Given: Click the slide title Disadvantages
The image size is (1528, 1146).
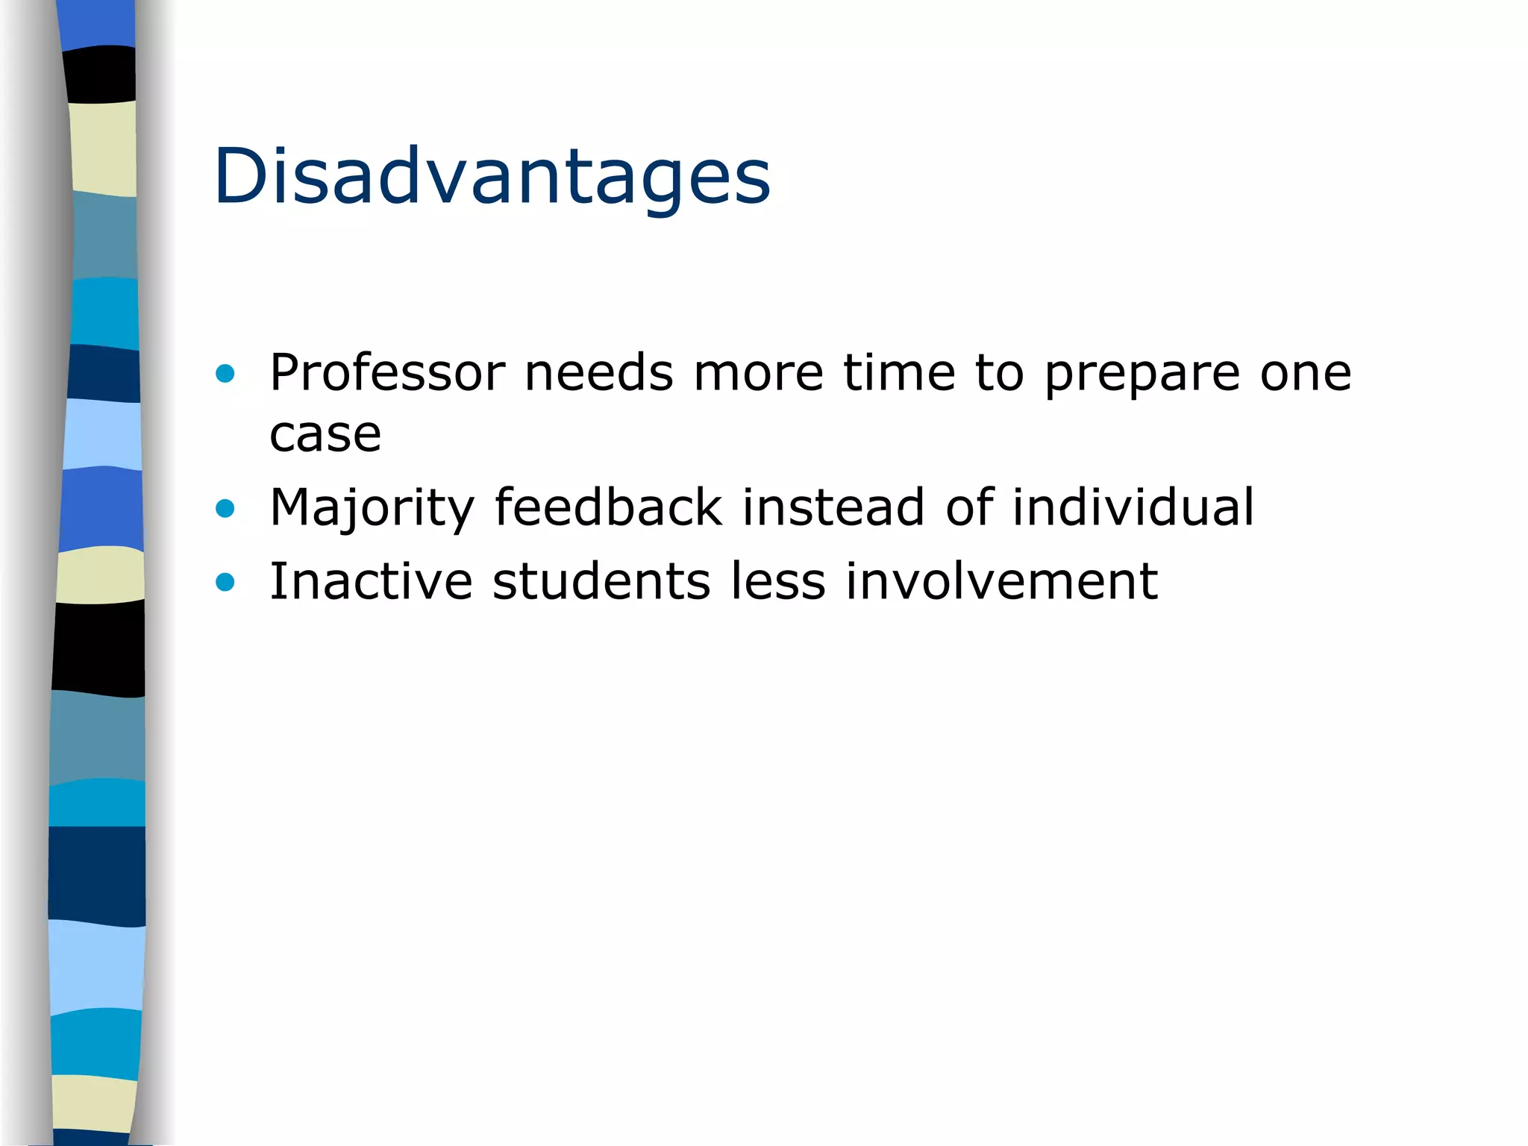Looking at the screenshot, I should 492,176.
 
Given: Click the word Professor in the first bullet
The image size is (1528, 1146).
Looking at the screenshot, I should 387,372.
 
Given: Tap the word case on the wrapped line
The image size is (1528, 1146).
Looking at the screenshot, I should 325,434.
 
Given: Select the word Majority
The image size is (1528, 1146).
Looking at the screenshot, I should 372,508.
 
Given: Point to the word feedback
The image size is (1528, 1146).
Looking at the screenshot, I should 608,507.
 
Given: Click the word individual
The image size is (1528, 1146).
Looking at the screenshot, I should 1133,507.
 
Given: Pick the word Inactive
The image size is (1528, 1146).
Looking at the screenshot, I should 371,581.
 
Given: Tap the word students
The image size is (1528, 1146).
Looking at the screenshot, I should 601,581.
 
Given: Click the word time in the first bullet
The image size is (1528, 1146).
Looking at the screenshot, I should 899,372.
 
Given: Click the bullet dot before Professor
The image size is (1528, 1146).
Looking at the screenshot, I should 225,373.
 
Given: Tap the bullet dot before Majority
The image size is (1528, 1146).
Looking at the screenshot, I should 225,509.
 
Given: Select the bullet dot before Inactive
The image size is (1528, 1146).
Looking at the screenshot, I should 225,582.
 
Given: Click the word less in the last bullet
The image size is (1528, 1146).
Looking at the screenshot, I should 778,581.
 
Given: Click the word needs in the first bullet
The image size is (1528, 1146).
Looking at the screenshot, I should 599,372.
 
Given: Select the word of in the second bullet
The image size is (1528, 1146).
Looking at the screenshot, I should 970,507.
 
